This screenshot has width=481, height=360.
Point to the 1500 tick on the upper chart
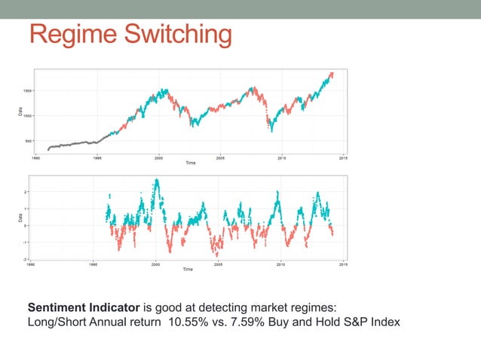pyautogui.click(x=26, y=90)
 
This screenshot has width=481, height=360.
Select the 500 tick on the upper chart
pyautogui.click(x=28, y=140)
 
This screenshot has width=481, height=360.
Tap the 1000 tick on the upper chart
pyautogui.click(x=26, y=115)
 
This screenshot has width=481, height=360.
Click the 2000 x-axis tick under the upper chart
pyautogui.click(x=158, y=158)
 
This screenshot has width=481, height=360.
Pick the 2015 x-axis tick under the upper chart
pyautogui.click(x=343, y=158)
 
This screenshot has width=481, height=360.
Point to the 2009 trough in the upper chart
pyautogui.click(x=271, y=130)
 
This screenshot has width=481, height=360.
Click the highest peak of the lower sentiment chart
pyautogui.click(x=156, y=181)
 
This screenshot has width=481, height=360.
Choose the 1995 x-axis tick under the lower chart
pyautogui.click(x=93, y=264)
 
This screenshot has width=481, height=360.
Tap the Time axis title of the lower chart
pyautogui.click(x=188, y=270)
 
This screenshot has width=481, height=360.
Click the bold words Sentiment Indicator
pyautogui.click(x=83, y=307)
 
